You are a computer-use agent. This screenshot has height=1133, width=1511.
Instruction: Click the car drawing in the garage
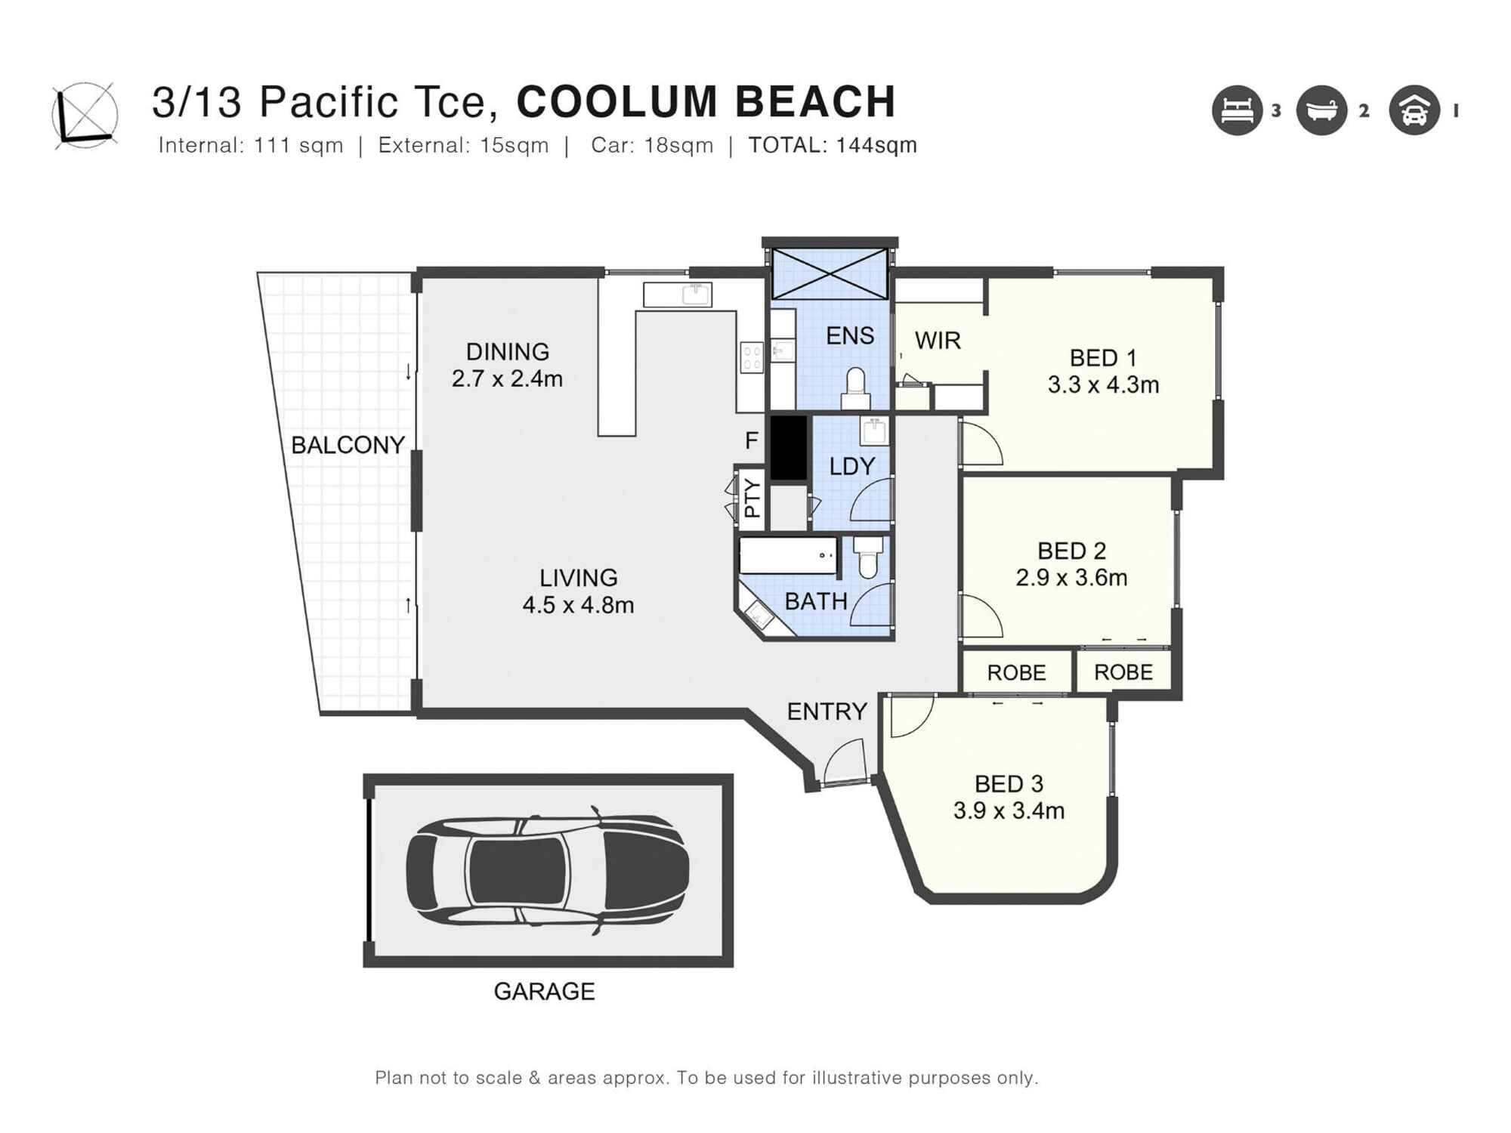tap(547, 870)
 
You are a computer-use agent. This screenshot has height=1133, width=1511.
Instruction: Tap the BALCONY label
tap(348, 445)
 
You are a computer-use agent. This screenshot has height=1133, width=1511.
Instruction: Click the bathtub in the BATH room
tap(788, 556)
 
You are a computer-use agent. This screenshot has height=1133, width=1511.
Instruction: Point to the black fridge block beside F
tap(788, 447)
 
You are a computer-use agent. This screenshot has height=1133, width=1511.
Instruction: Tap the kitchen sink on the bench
tap(696, 294)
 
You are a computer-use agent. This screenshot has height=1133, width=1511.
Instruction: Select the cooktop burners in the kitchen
tap(752, 357)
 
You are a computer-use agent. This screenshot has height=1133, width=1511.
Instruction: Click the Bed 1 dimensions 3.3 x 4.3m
tap(1103, 385)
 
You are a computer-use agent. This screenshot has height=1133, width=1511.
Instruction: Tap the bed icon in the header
tap(1237, 111)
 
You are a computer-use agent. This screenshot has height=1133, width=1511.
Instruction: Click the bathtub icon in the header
tap(1321, 111)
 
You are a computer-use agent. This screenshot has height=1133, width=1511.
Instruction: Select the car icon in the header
tap(1414, 111)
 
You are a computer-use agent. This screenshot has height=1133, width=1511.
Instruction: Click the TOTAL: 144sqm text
tap(832, 145)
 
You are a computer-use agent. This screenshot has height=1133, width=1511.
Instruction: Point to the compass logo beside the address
tap(85, 115)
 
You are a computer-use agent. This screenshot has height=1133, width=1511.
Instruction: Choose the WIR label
tap(938, 341)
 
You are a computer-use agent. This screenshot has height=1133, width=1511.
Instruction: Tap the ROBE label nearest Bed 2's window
tap(1123, 672)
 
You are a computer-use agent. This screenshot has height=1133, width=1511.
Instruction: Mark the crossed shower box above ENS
tap(830, 273)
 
